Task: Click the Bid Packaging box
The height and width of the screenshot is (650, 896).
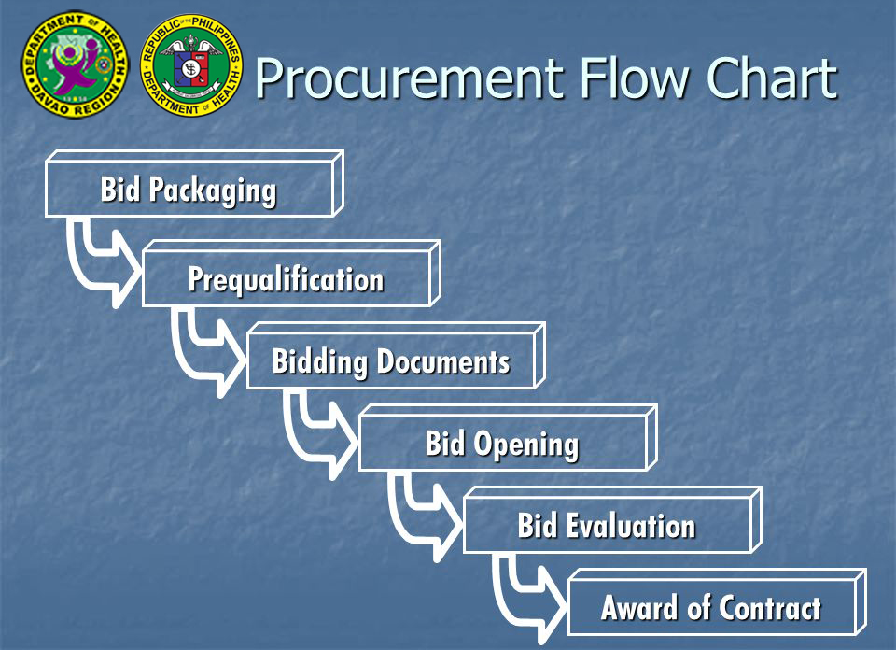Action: click(x=189, y=189)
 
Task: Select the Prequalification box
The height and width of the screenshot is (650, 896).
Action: click(x=286, y=278)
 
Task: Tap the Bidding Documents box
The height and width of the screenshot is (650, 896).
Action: click(x=391, y=360)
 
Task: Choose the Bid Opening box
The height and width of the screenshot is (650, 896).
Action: click(x=502, y=443)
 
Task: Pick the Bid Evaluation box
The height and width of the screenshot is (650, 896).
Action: click(x=607, y=525)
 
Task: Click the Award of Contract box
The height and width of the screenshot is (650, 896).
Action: click(x=711, y=607)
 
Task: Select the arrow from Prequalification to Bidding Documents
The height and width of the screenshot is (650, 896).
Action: click(x=203, y=346)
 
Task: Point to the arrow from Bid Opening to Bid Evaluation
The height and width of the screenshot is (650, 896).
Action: click(x=420, y=513)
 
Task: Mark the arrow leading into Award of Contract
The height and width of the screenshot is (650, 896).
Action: click(x=525, y=595)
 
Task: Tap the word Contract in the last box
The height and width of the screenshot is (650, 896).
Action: click(x=769, y=608)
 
